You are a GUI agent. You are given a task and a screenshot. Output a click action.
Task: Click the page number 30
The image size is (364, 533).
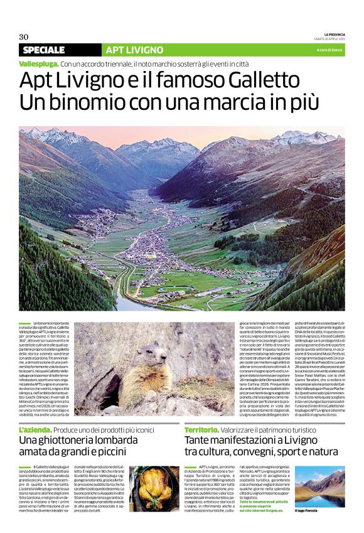tap(24, 36)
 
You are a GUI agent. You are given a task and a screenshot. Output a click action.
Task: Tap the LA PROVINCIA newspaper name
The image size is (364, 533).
tap(334, 34)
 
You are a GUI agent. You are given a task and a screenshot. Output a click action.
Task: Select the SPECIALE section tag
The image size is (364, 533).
tap(43, 50)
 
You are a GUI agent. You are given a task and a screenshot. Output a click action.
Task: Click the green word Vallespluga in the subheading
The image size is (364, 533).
tap(39, 64)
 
